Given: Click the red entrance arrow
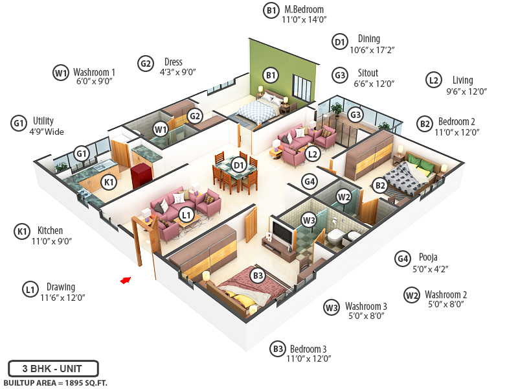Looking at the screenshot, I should (126, 280).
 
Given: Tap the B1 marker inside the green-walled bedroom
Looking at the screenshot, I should (271, 75).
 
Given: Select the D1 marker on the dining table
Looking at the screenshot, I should (239, 165).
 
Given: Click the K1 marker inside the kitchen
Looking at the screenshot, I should (109, 182).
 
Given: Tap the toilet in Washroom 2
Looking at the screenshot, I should (335, 238).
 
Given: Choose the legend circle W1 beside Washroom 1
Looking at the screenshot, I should (60, 73).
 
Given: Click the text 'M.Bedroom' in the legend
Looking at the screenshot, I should (304, 10).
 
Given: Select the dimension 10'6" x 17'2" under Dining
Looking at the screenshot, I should (372, 49).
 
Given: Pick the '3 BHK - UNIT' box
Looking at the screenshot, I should (54, 368).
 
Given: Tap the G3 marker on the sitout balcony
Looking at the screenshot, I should (355, 115).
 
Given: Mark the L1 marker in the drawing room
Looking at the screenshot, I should (186, 213).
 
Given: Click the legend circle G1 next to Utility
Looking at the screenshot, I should (19, 123).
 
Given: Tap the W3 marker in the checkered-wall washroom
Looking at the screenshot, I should (310, 220).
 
